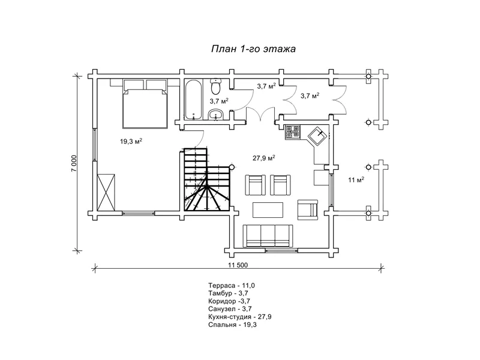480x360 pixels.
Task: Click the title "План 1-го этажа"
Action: point(253,49)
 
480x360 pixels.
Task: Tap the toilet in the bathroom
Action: point(216,86)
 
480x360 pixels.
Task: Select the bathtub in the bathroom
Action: point(193,100)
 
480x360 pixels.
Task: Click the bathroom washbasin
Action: point(217,115)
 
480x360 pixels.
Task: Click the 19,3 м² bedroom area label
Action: point(131,141)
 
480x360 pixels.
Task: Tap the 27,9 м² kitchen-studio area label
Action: point(263,158)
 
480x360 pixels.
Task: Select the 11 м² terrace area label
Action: point(356,179)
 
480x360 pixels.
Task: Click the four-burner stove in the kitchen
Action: point(292,132)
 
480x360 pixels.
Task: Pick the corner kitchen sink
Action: point(319,136)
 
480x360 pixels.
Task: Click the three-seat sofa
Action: point(268,236)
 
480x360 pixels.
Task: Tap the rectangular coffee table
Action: point(268,209)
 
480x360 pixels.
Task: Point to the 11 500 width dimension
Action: point(238,265)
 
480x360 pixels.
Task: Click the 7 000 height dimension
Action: point(74,163)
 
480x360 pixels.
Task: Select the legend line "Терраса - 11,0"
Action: point(232,286)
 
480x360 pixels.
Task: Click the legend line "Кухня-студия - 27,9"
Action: point(239,317)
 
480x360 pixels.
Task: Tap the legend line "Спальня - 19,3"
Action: point(232,325)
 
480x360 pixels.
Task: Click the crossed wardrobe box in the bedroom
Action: point(106,192)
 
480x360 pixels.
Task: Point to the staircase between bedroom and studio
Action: point(206,179)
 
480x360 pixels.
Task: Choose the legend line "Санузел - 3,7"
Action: point(230,309)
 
